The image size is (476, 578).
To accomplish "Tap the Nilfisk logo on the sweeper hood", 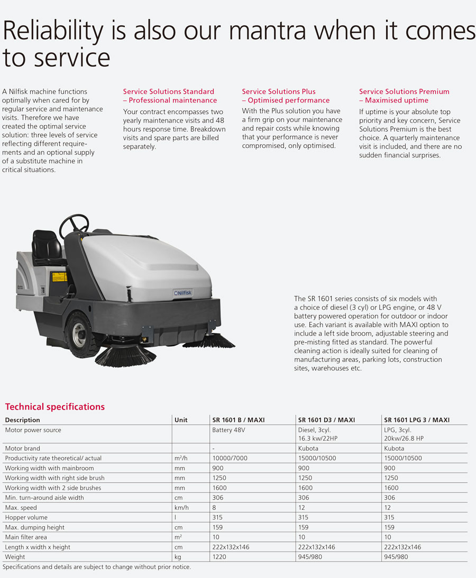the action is tap(183, 293).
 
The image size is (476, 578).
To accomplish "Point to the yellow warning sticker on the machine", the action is tap(59, 276).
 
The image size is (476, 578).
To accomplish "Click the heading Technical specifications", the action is tap(55, 407).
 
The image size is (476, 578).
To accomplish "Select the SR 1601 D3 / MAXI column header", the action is tap(326, 420).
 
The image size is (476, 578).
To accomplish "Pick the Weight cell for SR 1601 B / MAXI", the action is tap(219, 557).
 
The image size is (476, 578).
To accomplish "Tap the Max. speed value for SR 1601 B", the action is tap(214, 508).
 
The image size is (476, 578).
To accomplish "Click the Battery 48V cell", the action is tap(228, 430).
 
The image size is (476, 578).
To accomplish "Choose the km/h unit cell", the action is tap(181, 508).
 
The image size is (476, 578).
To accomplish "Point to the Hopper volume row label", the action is tap(26, 517).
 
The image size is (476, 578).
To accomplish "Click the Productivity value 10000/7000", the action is tap(230, 458).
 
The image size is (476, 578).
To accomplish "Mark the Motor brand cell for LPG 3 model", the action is tap(394, 448).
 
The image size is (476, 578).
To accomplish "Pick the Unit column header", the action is tap(181, 420).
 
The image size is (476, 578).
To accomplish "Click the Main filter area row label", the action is tap(26, 537).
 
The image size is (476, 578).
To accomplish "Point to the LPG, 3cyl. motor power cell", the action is tap(404, 434).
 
